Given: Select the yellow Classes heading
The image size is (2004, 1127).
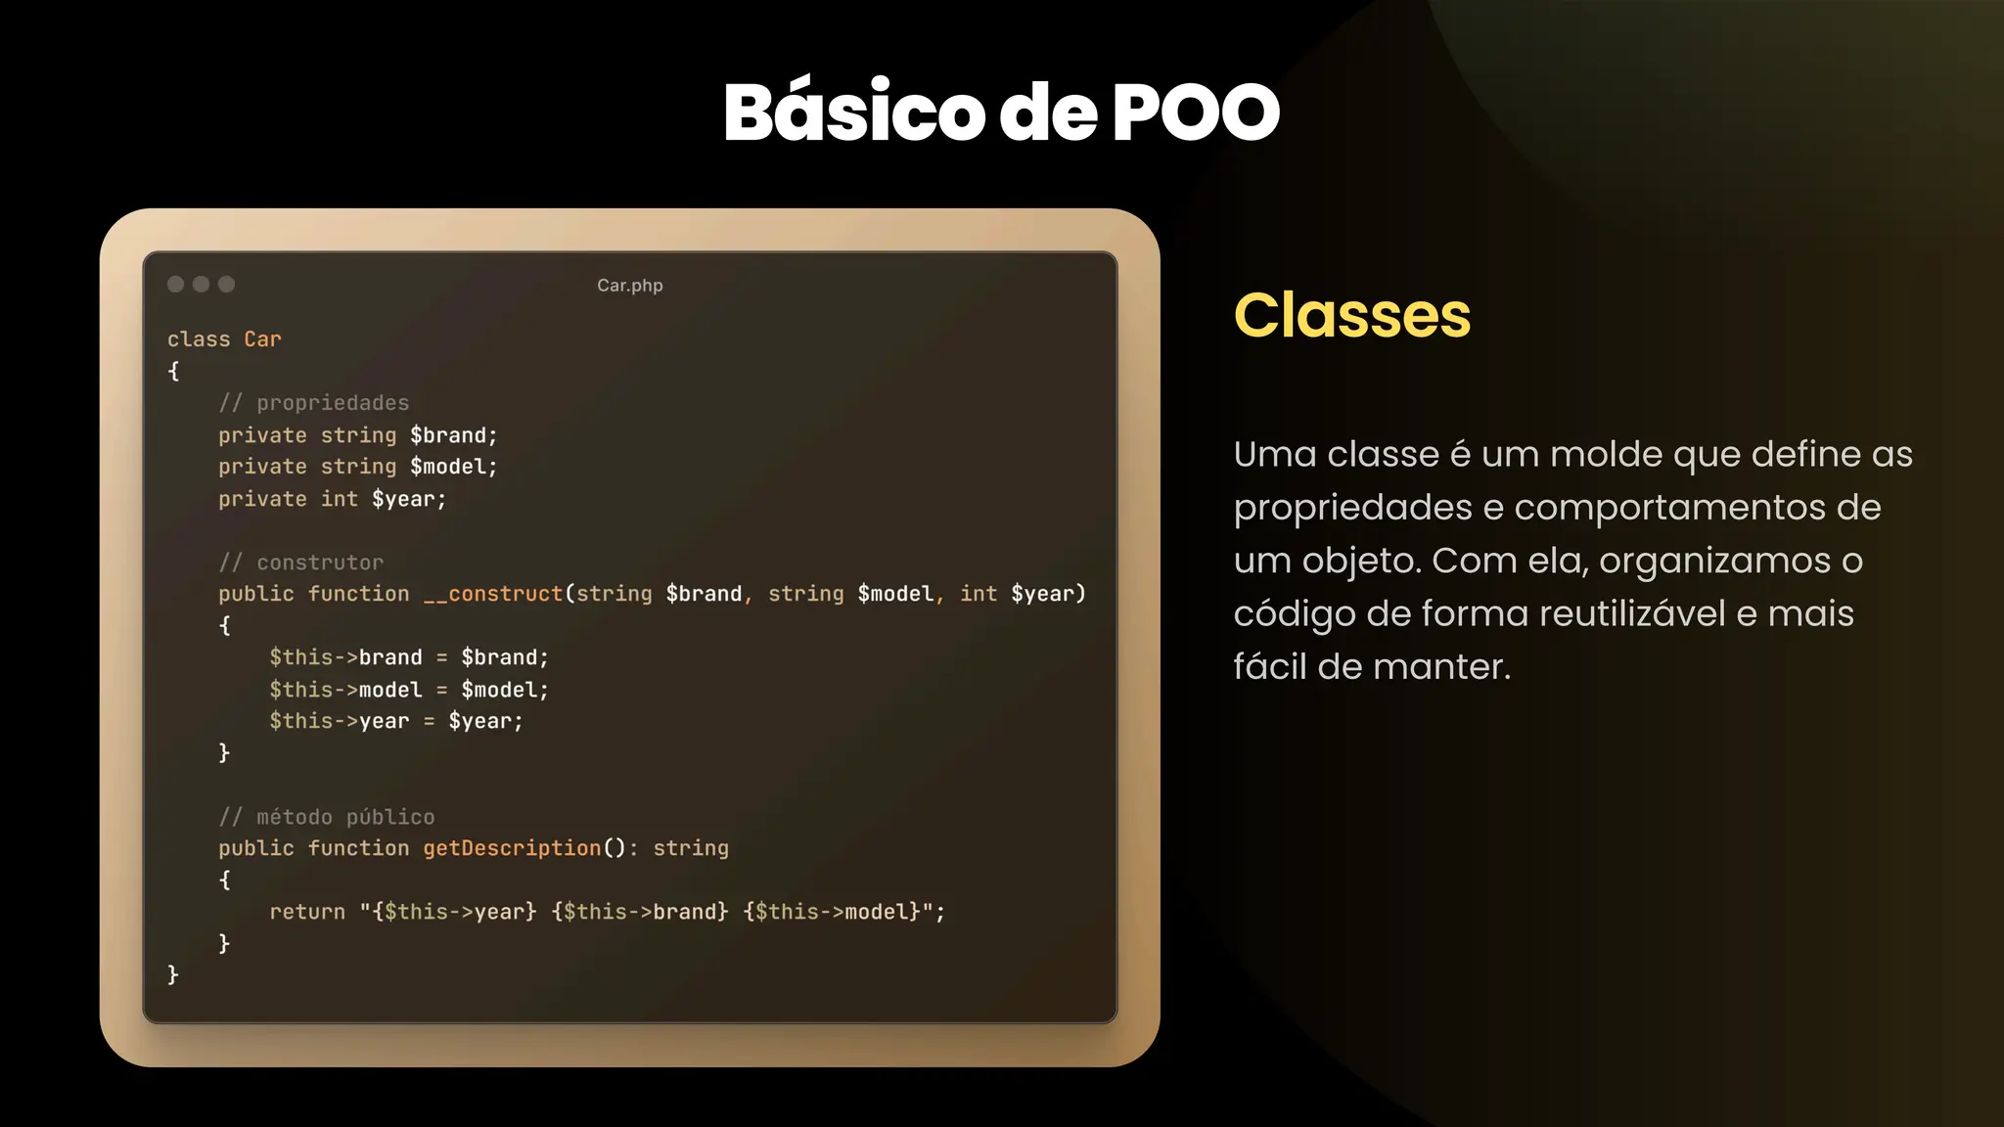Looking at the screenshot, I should [1351, 315].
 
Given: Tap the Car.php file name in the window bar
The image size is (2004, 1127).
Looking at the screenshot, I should [629, 286].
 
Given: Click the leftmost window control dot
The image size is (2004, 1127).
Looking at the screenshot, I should [176, 285].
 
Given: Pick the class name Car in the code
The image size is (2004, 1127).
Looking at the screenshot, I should [262, 339].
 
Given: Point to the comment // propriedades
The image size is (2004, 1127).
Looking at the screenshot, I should [313, 403].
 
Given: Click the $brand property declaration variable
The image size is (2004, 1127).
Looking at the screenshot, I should [453, 435].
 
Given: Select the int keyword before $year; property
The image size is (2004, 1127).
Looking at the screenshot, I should [339, 499].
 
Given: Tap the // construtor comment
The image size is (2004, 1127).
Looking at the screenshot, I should [300, 563].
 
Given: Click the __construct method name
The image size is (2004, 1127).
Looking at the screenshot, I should [493, 594].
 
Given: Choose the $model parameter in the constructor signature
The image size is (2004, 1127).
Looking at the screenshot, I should [895, 594].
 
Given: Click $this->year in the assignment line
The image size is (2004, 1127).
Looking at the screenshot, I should [339, 721].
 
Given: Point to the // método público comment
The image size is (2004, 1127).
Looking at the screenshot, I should [326, 817].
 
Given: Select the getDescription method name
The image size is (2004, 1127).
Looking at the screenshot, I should [512, 848].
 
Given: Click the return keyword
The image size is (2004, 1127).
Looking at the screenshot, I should [307, 912].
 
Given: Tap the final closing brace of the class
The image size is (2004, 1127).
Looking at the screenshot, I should [173, 974].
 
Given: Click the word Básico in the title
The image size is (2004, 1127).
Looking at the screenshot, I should [854, 113].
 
